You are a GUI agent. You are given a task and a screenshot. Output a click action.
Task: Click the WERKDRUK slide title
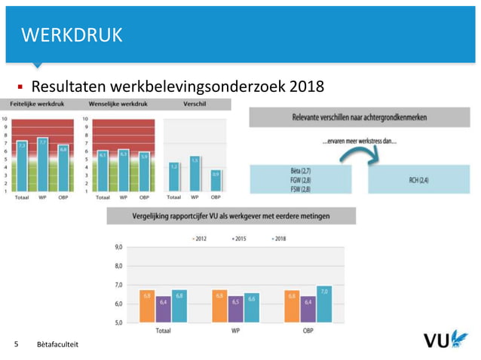(x=72, y=35)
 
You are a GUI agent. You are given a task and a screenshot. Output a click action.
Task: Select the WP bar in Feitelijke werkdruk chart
(x=43, y=163)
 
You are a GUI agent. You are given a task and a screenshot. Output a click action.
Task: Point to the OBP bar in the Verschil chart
(x=216, y=181)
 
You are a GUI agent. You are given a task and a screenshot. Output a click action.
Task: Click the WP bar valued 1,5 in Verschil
(x=195, y=173)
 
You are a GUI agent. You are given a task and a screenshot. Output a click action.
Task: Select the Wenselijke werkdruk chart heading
(x=118, y=103)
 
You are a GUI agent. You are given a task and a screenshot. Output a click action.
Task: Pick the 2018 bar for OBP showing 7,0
(x=324, y=304)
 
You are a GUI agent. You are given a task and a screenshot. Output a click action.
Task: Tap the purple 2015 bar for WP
(x=235, y=309)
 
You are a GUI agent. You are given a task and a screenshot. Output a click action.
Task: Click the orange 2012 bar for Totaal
(x=146, y=307)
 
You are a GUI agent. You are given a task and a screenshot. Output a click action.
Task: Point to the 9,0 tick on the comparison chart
(x=118, y=247)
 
